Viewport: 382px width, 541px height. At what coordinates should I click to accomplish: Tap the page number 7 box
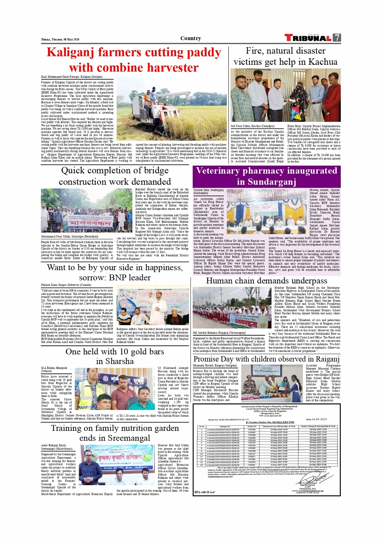(337, 38)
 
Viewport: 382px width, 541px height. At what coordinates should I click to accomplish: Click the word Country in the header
(191, 38)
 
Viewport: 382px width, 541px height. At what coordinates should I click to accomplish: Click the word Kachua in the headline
(323, 62)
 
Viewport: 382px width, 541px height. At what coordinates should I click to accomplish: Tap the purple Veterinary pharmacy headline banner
(266, 176)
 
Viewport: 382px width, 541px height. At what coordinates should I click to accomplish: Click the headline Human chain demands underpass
(266, 281)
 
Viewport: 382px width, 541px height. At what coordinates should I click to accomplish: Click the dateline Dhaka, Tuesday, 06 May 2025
(60, 40)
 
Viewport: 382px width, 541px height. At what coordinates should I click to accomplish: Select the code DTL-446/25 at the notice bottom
(205, 492)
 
